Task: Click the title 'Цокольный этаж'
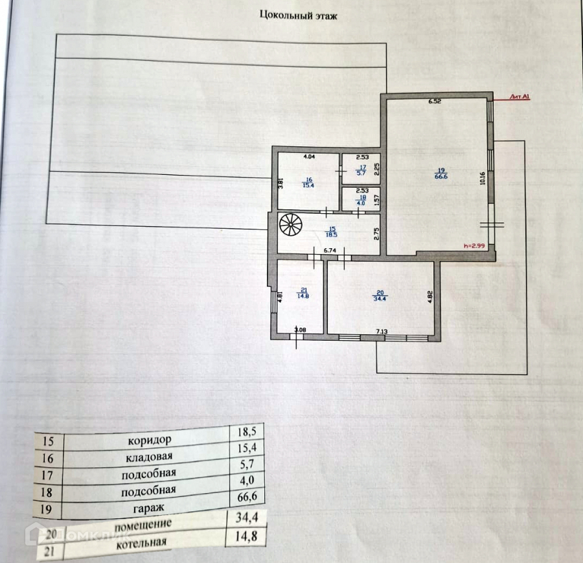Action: [298, 14]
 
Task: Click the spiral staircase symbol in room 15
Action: [291, 227]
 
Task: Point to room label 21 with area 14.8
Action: [303, 293]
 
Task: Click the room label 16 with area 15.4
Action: [308, 182]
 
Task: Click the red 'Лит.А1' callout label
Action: [521, 97]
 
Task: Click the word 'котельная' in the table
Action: [142, 542]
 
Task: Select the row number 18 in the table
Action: [46, 493]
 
